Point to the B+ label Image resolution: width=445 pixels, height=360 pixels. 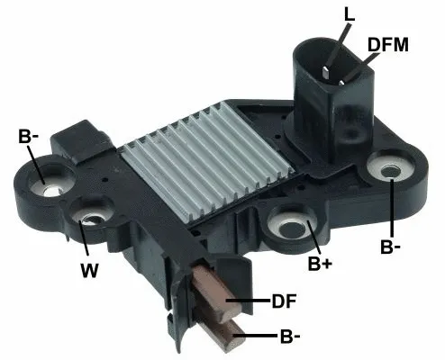pyautogui.click(x=321, y=263)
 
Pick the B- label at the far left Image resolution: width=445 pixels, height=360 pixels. pyautogui.click(x=28, y=137)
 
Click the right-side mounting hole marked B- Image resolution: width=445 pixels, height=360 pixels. pyautogui.click(x=392, y=170)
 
